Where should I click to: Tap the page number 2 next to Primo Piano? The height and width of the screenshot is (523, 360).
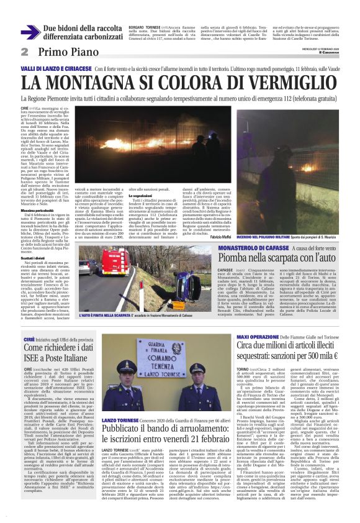tap(24, 52)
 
